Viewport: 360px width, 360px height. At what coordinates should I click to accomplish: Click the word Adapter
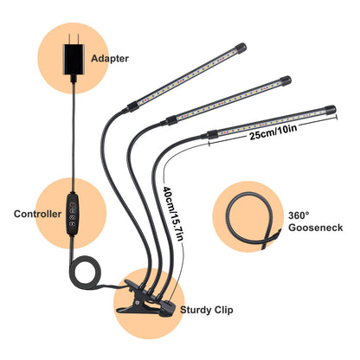click(x=110, y=59)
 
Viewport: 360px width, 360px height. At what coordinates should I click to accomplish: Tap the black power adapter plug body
click(x=74, y=60)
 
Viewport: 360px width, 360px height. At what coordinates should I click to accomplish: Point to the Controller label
click(x=37, y=214)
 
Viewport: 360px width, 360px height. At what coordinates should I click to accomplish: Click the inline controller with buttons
click(x=73, y=214)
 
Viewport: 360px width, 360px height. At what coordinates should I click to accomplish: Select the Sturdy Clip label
click(x=207, y=310)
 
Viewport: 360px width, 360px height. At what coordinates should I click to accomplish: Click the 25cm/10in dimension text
click(x=273, y=132)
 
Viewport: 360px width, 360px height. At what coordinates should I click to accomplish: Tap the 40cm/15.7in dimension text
click(x=173, y=214)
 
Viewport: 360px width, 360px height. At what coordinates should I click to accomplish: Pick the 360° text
click(x=299, y=215)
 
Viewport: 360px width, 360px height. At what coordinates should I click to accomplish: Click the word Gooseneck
click(x=316, y=228)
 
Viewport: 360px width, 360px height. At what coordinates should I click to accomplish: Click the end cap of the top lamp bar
click(x=241, y=48)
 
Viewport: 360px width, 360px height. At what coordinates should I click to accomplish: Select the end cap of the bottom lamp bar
click(x=330, y=110)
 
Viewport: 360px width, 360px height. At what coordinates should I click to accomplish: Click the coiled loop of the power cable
click(x=86, y=273)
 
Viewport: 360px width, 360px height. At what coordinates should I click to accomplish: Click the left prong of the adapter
click(x=69, y=39)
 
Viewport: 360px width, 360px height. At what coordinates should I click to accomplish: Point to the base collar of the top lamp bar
click(x=132, y=106)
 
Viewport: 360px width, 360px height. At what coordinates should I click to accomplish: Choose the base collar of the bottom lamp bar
click(x=212, y=135)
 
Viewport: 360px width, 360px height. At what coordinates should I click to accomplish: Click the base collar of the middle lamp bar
click(x=171, y=119)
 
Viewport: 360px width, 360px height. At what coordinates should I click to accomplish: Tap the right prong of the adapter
click(x=78, y=39)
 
